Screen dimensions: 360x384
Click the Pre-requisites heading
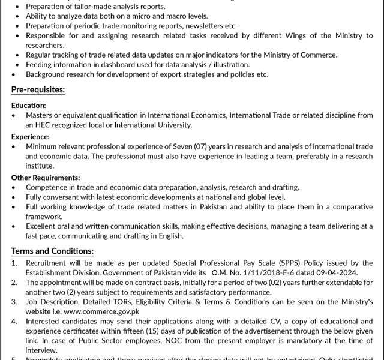38,90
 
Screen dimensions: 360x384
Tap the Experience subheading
30,137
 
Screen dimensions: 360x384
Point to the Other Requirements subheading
46,178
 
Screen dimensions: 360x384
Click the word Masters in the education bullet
40,115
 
